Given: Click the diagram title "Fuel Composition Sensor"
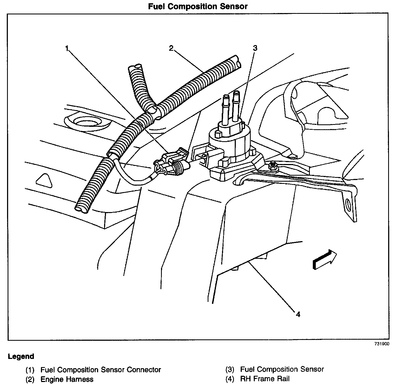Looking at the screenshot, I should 198,6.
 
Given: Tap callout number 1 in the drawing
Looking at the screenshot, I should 67,49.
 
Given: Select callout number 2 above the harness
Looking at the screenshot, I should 171,48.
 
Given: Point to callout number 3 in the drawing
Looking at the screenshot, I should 255,48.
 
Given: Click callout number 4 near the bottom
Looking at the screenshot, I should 298,314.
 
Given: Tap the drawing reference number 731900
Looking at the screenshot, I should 382,343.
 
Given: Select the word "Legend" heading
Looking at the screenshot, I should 21,356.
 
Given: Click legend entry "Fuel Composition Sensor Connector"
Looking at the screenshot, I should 101,370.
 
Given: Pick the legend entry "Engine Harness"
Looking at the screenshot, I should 67,379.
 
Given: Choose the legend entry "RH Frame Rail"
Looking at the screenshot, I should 265,379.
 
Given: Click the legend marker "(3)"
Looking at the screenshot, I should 230,370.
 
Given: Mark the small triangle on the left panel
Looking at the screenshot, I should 43,179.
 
